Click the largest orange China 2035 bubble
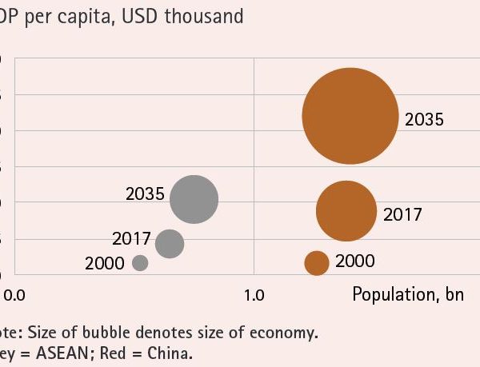point(350,116)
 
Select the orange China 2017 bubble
point(346,211)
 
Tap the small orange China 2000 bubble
point(317,261)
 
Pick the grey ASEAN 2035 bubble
point(194,199)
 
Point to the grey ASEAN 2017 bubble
point(169,243)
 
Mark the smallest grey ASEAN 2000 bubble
point(140,262)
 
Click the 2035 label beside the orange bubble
point(423,121)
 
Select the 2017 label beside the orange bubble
point(402,214)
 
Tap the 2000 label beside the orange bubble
point(354,261)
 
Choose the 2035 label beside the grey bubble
point(145,193)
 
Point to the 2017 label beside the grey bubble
point(131,238)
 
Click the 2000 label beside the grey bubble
point(104,263)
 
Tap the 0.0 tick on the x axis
point(14,294)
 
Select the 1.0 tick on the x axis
point(254,294)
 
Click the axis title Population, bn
point(408,294)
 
